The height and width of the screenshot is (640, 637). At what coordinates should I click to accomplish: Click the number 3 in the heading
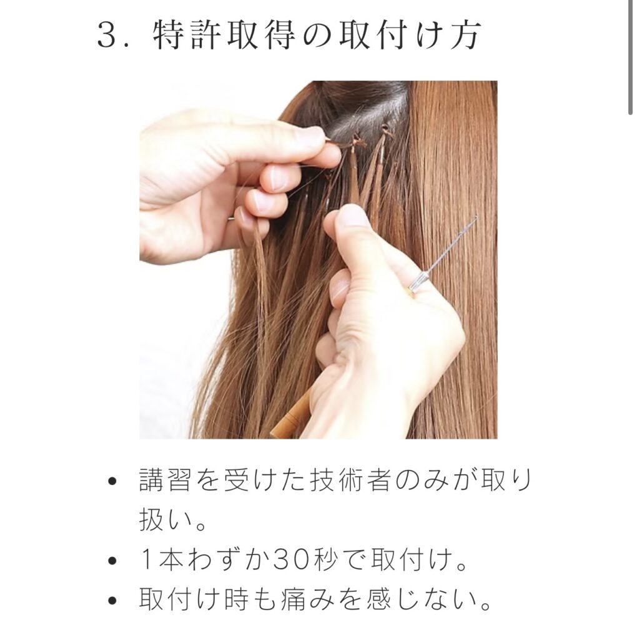click(x=107, y=35)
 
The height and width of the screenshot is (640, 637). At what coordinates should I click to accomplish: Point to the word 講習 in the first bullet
click(x=165, y=479)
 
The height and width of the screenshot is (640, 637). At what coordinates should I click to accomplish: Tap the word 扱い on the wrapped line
click(x=165, y=519)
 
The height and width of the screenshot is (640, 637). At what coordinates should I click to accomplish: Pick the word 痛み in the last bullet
click(x=308, y=599)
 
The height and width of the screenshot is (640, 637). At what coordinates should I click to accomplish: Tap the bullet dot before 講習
click(x=112, y=481)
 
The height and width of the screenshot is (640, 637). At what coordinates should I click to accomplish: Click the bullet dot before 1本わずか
click(x=112, y=561)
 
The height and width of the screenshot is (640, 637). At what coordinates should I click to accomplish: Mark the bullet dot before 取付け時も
click(x=112, y=601)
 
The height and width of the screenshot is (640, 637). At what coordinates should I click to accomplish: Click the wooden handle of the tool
click(x=290, y=414)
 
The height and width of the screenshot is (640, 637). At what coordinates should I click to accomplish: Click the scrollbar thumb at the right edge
click(x=631, y=57)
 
